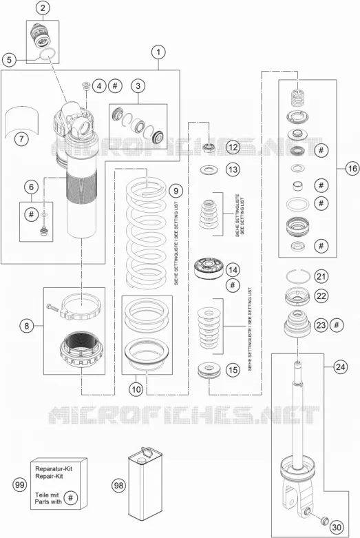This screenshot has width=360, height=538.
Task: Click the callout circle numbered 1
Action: click(x=158, y=52)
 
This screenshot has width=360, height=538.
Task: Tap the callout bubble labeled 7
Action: click(x=21, y=139)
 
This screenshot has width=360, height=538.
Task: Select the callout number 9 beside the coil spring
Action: click(x=176, y=190)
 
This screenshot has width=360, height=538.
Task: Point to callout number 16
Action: click(x=352, y=169)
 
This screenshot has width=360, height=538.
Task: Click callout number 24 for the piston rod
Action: click(x=340, y=367)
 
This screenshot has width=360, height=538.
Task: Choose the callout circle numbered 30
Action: click(x=337, y=528)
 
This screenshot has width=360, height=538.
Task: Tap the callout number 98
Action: click(x=119, y=486)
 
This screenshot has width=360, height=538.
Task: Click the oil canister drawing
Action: click(x=145, y=484)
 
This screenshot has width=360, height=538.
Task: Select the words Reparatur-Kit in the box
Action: click(x=54, y=468)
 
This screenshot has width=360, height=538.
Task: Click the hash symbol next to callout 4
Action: click(x=115, y=85)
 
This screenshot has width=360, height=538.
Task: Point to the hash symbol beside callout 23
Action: click(x=337, y=324)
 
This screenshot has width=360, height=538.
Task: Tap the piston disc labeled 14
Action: click(x=209, y=269)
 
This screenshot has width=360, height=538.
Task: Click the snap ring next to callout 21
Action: click(x=298, y=276)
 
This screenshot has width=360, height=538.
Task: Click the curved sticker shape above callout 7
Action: click(x=22, y=121)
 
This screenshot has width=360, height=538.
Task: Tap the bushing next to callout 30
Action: click(x=324, y=520)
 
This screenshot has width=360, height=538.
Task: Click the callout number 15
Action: click(x=233, y=370)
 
